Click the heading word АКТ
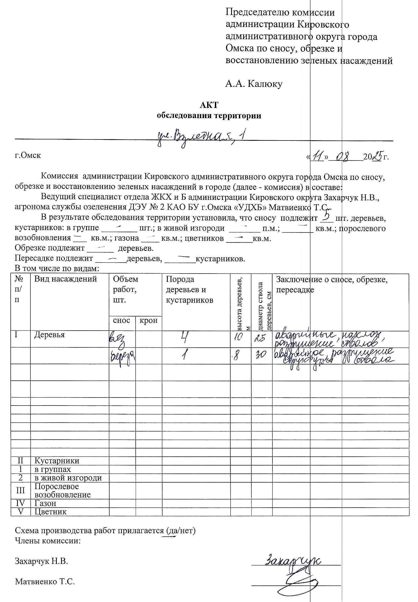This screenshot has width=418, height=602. [x=209, y=105]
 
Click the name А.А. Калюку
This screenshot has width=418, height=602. [x=254, y=84]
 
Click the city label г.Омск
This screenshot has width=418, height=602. [x=28, y=155]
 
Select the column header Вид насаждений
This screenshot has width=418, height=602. [x=65, y=279]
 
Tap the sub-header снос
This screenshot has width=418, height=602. [x=122, y=320]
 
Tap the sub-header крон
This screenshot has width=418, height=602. [x=148, y=320]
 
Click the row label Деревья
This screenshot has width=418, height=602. [x=49, y=334]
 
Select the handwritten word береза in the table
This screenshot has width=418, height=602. [x=122, y=356]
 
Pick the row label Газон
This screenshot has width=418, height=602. [x=45, y=503]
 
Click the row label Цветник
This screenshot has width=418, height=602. [x=51, y=512]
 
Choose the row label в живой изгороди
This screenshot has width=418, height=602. [x=68, y=477]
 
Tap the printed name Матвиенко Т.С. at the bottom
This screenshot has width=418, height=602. [x=45, y=581]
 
